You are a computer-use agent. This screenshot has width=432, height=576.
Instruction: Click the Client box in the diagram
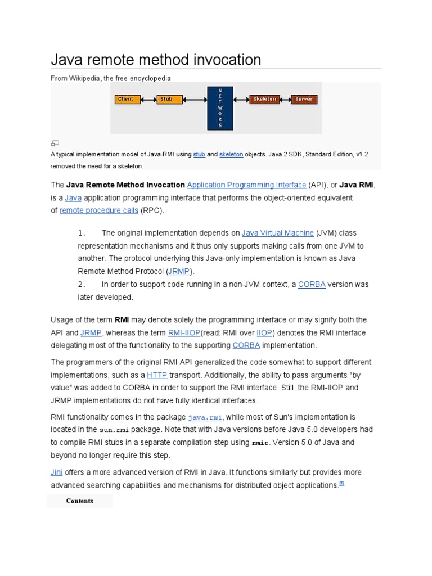[125, 100]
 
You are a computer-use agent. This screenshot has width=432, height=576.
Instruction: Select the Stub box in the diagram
[166, 100]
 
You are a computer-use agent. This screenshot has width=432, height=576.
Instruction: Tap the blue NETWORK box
[220, 108]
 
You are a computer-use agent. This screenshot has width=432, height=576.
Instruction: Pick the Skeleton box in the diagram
[264, 100]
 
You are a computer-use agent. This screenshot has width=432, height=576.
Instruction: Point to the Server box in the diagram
[304, 100]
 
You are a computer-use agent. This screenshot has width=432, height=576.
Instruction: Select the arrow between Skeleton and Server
[285, 100]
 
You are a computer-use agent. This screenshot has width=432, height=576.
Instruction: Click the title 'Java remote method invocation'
[156, 60]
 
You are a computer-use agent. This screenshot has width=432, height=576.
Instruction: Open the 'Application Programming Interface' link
[246, 184]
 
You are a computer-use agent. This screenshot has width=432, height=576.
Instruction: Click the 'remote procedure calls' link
[98, 210]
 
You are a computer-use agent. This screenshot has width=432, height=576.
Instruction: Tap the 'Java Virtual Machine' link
[277, 233]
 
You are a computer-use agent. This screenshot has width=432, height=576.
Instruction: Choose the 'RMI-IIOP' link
[184, 333]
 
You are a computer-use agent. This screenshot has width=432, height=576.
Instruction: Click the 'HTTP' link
[157, 375]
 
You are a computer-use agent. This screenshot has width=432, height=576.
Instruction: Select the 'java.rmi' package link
[205, 417]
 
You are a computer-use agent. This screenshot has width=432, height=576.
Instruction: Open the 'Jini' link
[57, 472]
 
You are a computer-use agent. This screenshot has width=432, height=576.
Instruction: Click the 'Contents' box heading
[79, 501]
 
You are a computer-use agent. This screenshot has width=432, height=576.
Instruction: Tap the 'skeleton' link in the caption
[231, 154]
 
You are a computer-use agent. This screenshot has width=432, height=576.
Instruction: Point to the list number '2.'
[82, 285]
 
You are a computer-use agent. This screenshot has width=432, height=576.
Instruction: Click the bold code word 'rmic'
[260, 443]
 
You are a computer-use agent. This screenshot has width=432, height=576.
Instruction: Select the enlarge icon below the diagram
[55, 143]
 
